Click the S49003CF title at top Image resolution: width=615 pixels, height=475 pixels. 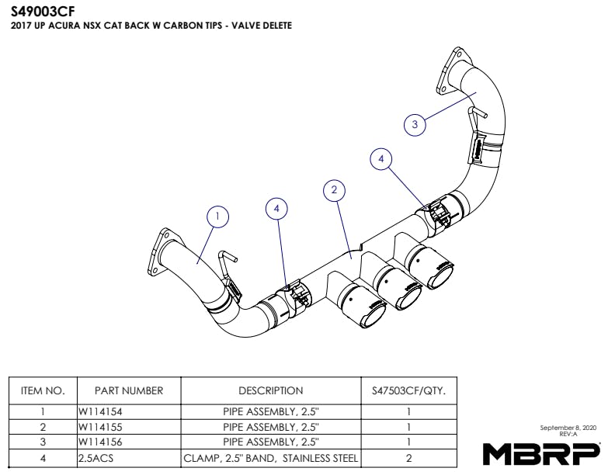pos(43,11)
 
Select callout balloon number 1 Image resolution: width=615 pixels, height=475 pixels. pos(219,217)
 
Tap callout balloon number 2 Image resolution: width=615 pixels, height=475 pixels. pos(334,189)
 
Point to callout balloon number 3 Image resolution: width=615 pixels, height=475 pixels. pos(415,124)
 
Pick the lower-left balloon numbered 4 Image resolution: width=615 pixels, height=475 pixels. pos(276,208)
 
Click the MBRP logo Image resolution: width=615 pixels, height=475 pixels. pos(541,452)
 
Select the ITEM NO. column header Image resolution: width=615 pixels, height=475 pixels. pos(43,390)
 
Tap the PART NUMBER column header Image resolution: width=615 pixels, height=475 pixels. pos(129,390)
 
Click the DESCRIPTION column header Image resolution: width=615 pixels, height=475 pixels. pos(270,390)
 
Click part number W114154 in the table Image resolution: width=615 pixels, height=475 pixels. pos(101,413)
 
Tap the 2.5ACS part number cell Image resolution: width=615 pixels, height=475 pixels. pos(96,458)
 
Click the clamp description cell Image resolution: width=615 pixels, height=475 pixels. pos(270,458)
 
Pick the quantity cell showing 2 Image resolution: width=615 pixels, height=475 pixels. pos(408,458)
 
